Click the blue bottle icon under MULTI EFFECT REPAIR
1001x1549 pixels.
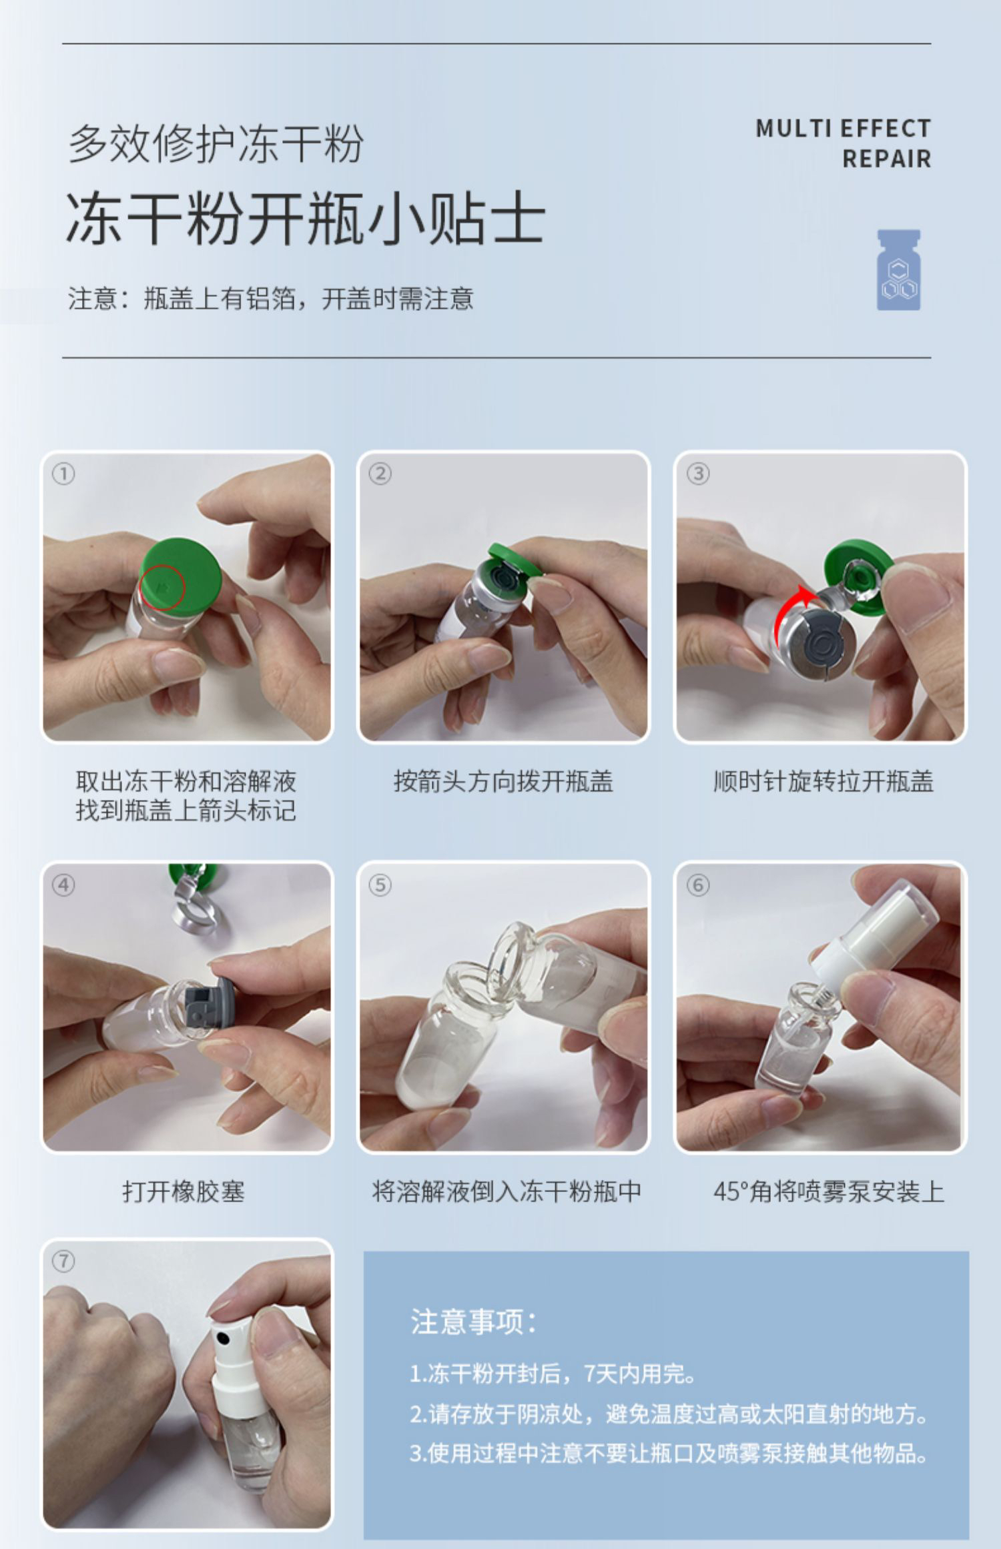pos(898,270)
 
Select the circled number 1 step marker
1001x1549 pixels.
pos(63,474)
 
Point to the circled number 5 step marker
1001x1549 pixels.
pos(380,885)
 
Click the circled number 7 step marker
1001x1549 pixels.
pos(63,1261)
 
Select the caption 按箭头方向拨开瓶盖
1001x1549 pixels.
pos(503,781)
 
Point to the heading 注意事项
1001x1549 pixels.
pos(473,1322)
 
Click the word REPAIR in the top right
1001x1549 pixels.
pos(886,159)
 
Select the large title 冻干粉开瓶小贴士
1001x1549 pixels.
pos(306,217)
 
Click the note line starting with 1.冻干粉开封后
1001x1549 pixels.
pos(553,1374)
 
